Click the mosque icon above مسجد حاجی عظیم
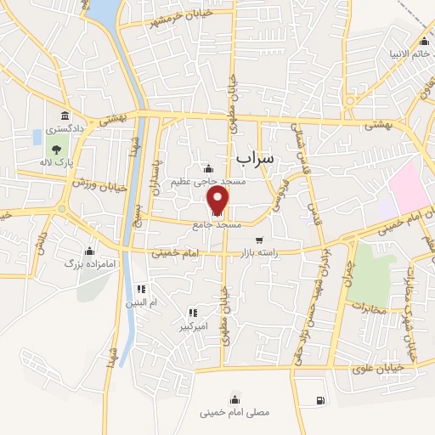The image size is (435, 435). pos(209,167)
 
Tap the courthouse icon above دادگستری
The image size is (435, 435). pos(65,116)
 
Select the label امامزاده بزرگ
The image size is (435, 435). pos(83,264)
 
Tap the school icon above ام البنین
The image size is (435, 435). pos(154,289)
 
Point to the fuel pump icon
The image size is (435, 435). pos(319,400)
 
